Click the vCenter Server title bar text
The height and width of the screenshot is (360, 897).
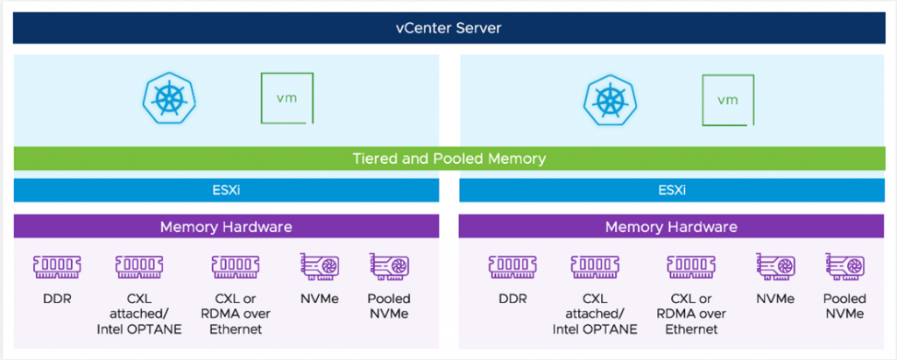pos(448,28)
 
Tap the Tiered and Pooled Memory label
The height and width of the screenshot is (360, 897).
pos(448,159)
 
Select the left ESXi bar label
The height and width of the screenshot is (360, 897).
pos(226,190)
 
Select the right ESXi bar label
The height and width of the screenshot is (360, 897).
pos(671,190)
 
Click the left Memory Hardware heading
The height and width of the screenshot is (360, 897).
pos(226,227)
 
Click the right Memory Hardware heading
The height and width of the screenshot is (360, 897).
pos(671,227)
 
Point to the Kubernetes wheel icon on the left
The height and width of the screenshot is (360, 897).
pos(167,98)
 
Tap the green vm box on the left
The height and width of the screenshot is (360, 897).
pos(286,98)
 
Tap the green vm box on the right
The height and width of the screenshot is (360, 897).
pos(728,98)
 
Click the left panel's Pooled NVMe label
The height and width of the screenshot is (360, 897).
pos(388,307)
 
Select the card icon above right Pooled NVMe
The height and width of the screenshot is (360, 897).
pos(845,265)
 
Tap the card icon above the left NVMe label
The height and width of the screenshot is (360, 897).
pos(321,265)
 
